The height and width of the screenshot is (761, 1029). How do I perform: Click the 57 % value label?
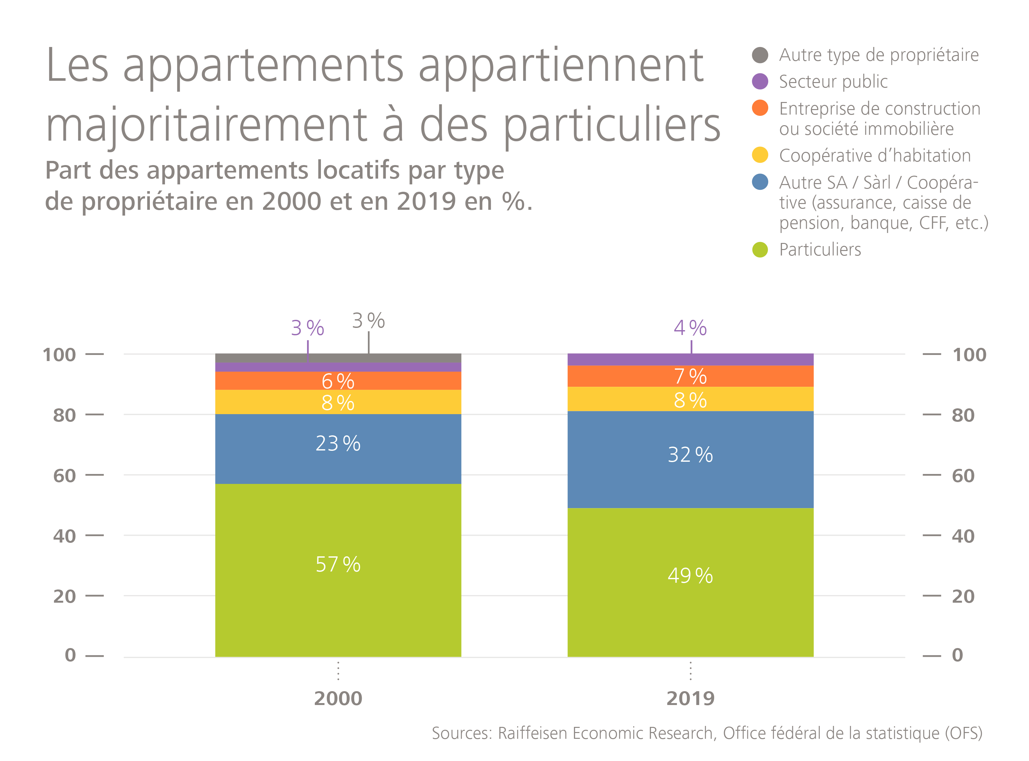(x=338, y=564)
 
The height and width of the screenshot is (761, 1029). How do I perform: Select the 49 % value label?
(x=690, y=575)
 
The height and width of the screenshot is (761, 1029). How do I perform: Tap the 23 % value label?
(x=338, y=443)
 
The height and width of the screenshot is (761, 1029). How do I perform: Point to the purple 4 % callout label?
(x=690, y=328)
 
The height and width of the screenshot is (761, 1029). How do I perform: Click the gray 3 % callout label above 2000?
(x=368, y=320)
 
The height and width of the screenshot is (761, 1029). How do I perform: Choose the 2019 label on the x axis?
(x=690, y=698)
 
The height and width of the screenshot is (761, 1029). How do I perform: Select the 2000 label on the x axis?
(x=338, y=698)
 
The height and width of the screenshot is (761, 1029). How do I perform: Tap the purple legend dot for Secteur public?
(x=760, y=81)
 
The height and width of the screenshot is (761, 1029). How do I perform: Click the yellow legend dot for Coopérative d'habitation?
(x=760, y=155)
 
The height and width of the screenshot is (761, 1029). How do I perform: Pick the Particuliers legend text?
(x=820, y=250)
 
